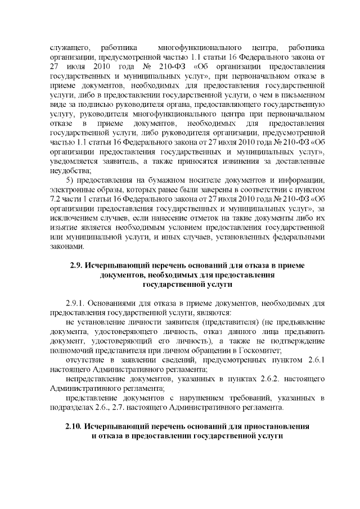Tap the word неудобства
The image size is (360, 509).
(x=66, y=170)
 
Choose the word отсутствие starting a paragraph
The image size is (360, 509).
(x=84, y=359)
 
